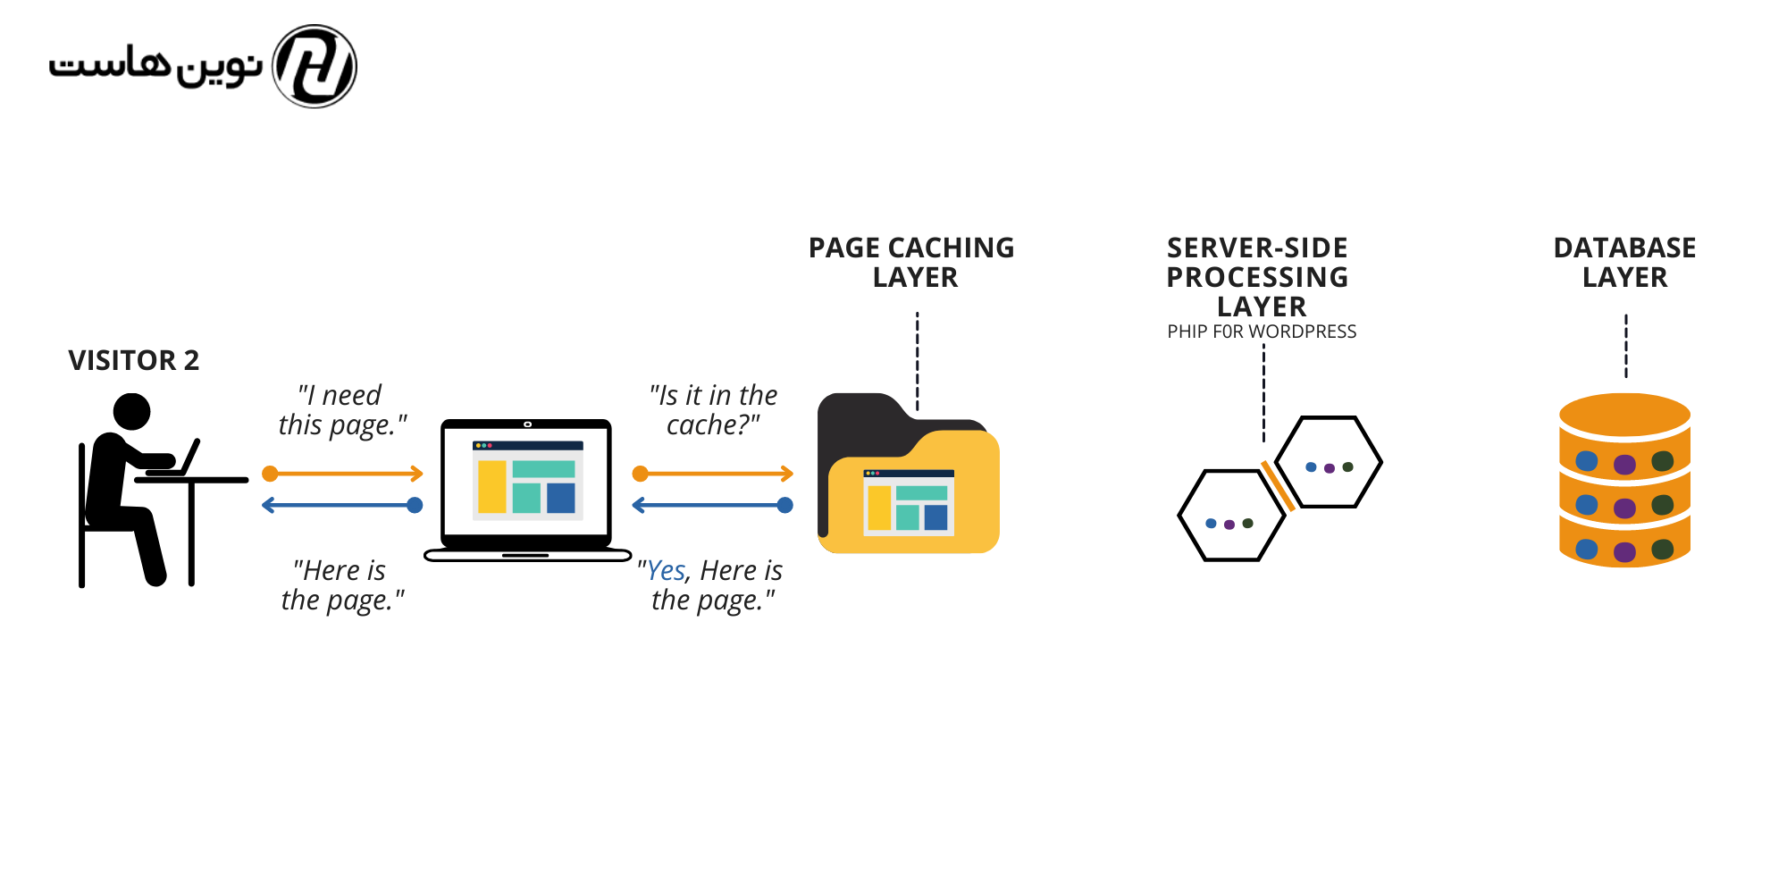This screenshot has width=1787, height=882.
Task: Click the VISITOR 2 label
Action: pyautogui.click(x=134, y=360)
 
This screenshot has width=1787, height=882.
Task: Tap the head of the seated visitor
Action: pyautogui.click(x=132, y=412)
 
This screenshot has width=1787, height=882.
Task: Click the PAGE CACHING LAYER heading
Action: pyautogui.click(x=912, y=262)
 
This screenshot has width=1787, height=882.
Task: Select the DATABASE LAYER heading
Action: pyautogui.click(x=1624, y=262)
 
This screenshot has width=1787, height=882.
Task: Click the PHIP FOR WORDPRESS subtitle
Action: pyautogui.click(x=1262, y=332)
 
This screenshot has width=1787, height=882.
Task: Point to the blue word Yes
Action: pyautogui.click(x=667, y=570)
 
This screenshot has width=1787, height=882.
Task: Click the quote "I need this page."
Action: pyautogui.click(x=342, y=410)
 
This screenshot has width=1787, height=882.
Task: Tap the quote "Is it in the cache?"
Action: pyautogui.click(x=713, y=410)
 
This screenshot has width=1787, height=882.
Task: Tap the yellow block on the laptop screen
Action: pyautogui.click(x=491, y=487)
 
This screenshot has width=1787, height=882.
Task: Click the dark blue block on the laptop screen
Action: pyautogui.click(x=561, y=498)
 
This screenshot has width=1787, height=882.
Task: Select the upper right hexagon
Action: pyautogui.click(x=1329, y=462)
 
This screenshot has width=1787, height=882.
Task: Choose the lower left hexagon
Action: pyautogui.click(x=1231, y=516)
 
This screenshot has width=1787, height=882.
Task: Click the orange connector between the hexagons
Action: pyautogui.click(x=1278, y=486)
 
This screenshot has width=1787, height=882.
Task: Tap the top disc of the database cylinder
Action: pyautogui.click(x=1624, y=414)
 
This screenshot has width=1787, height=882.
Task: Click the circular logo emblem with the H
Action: pyautogui.click(x=315, y=66)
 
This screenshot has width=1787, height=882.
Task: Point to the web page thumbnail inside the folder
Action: pyautogui.click(x=909, y=502)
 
